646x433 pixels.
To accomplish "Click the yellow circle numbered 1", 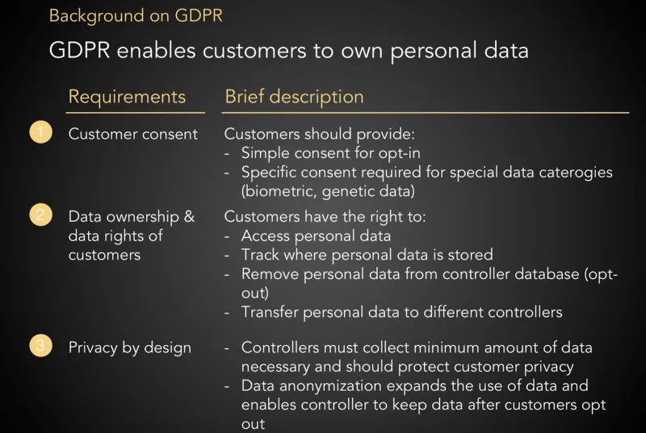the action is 41,132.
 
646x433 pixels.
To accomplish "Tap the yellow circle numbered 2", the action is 41,215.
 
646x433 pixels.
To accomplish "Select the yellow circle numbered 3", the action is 41,345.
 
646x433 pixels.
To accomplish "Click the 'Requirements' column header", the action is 127,97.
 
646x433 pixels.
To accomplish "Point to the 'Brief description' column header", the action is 294,97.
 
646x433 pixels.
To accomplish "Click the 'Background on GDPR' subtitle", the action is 136,16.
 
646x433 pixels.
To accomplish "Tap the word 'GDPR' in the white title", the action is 79,51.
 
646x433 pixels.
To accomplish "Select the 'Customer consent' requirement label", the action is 133,134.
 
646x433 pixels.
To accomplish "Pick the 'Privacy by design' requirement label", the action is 130,348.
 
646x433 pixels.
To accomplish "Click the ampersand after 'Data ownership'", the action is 189,216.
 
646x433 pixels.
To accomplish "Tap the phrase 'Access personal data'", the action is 316,236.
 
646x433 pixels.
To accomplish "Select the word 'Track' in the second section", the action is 260,255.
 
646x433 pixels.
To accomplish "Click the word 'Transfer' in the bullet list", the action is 269,312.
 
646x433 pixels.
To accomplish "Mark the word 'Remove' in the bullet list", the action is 270,274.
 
